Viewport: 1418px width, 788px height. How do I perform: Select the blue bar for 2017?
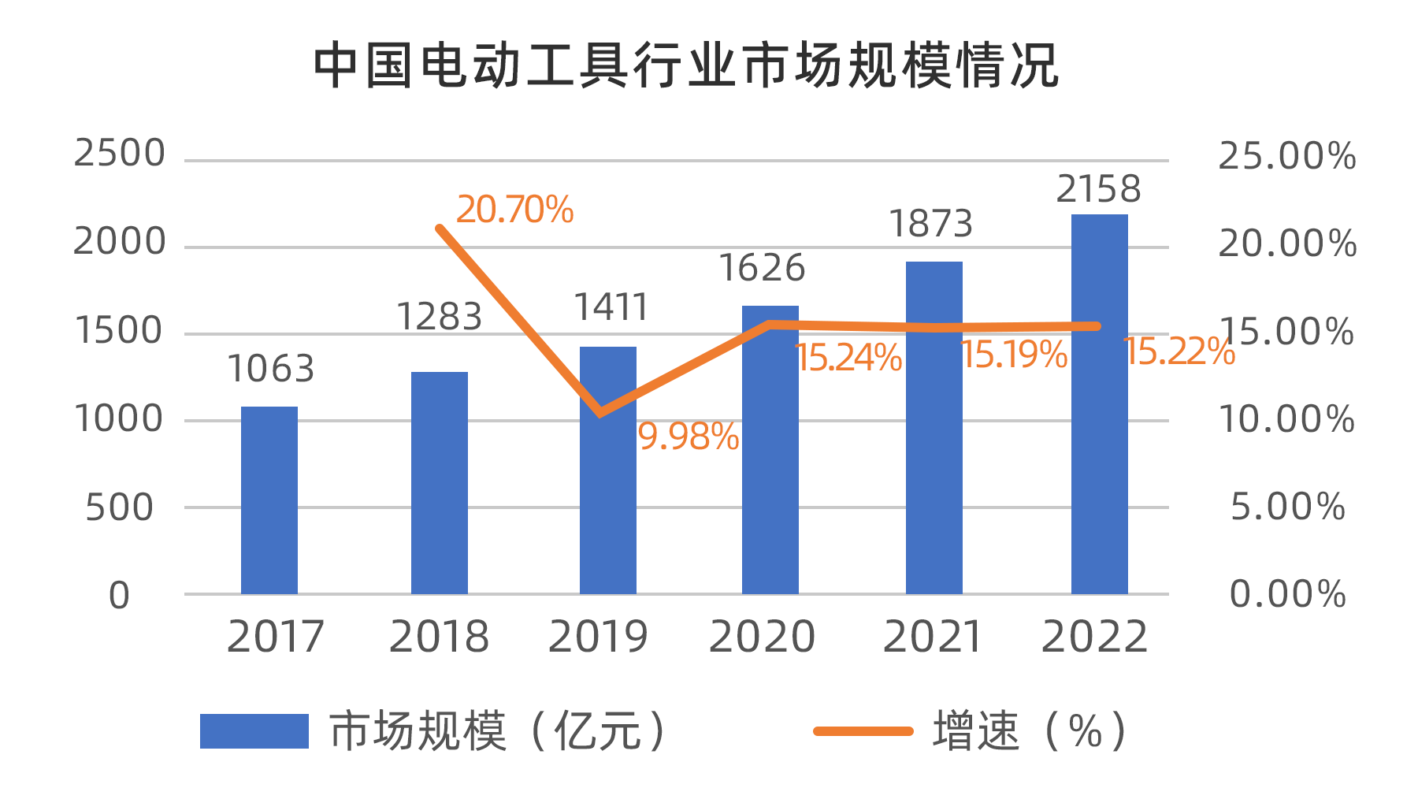click(x=269, y=500)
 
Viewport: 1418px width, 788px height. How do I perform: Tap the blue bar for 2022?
click(x=1099, y=404)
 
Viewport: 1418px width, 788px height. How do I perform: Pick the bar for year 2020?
click(x=770, y=450)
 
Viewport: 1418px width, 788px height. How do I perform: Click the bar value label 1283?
click(x=439, y=318)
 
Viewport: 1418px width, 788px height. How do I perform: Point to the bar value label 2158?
click(x=1098, y=190)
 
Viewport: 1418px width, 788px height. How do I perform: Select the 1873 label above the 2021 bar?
click(x=930, y=225)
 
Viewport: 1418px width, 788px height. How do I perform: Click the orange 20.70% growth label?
click(x=514, y=210)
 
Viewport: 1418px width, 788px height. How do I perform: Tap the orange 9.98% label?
click(x=688, y=437)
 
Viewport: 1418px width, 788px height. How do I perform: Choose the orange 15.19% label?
click(x=1014, y=355)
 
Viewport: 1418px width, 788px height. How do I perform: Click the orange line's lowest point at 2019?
click(x=601, y=412)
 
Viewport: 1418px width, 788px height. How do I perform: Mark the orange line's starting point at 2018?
click(x=440, y=229)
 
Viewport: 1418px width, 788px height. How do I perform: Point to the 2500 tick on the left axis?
click(x=120, y=154)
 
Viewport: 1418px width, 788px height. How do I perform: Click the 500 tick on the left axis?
click(x=120, y=508)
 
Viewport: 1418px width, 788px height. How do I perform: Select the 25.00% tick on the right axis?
click(x=1287, y=156)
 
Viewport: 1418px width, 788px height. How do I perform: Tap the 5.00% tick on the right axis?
click(x=1287, y=507)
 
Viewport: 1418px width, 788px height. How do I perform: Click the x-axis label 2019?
click(x=598, y=637)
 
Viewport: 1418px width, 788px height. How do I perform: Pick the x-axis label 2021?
click(x=933, y=637)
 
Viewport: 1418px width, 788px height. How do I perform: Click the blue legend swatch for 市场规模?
click(x=254, y=731)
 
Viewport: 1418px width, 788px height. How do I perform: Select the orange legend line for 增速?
click(x=863, y=731)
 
